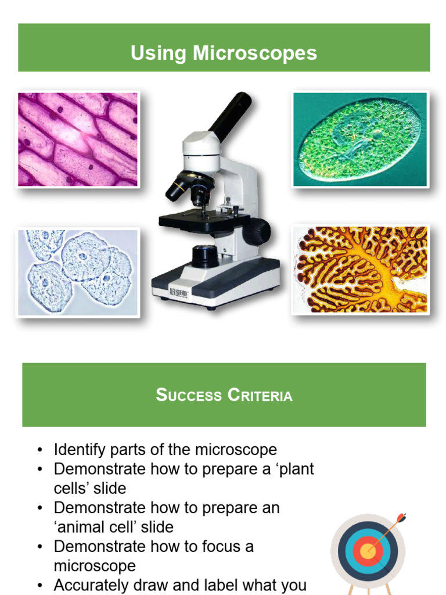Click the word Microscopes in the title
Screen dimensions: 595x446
(x=255, y=53)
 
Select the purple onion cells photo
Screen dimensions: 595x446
(x=78, y=139)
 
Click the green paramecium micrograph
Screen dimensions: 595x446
(x=360, y=139)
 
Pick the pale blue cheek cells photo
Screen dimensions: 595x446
(x=78, y=272)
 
